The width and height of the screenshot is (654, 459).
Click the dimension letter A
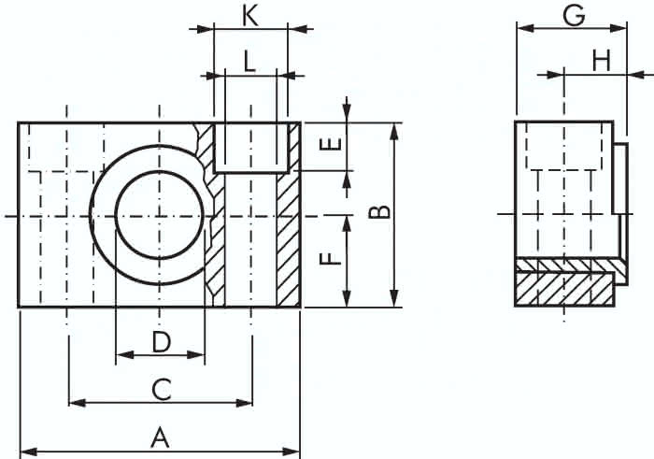pos(160,437)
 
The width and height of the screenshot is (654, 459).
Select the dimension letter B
pos(380,212)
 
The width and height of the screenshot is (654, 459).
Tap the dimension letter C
pos(161,389)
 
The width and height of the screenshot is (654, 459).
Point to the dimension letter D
pos(161,342)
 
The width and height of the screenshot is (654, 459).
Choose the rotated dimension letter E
pos(331,144)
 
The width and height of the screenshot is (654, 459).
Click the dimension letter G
pos(574,16)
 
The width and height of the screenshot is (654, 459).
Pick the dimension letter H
pos(602,61)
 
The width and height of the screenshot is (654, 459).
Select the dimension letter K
pos(249,16)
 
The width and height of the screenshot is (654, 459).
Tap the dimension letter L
pos(249,63)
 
